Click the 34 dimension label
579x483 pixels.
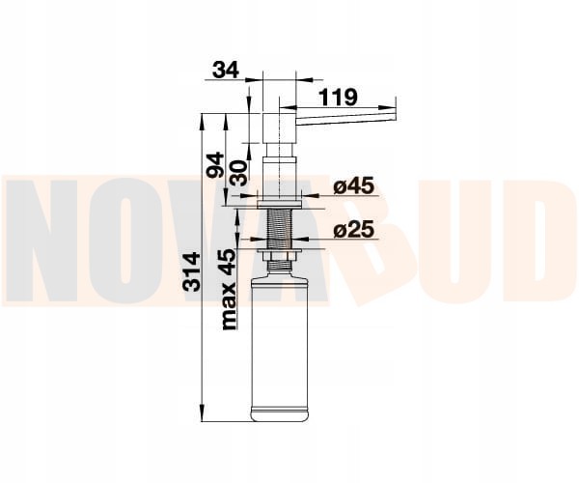point(226,70)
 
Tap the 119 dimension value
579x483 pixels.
point(338,98)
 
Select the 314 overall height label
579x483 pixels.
point(192,272)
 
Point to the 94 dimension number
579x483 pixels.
point(215,165)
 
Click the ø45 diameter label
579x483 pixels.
point(353,185)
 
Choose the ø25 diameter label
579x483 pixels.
point(353,230)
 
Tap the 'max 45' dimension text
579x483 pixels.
point(230,289)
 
